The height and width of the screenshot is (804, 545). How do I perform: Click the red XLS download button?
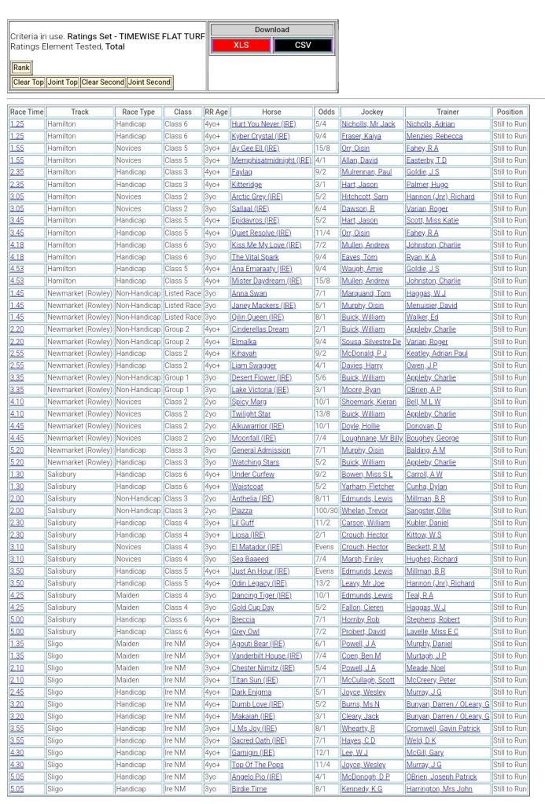(241, 46)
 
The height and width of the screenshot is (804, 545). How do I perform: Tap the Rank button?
(21, 68)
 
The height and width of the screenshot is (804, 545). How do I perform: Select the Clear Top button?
(28, 83)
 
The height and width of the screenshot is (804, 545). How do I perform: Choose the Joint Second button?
(149, 83)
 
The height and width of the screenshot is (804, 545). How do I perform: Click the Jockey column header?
(372, 112)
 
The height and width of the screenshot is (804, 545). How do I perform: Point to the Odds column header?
(326, 112)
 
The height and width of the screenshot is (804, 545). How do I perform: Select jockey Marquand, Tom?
(366, 293)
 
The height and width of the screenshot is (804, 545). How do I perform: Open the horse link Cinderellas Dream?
(260, 329)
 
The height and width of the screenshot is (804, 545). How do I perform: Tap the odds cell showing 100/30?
(326, 511)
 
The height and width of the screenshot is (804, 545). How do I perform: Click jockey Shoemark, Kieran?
(369, 402)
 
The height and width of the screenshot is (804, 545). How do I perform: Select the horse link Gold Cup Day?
(252, 608)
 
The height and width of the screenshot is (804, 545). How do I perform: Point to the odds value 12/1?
(322, 753)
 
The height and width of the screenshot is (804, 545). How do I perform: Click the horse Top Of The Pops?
(257, 765)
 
